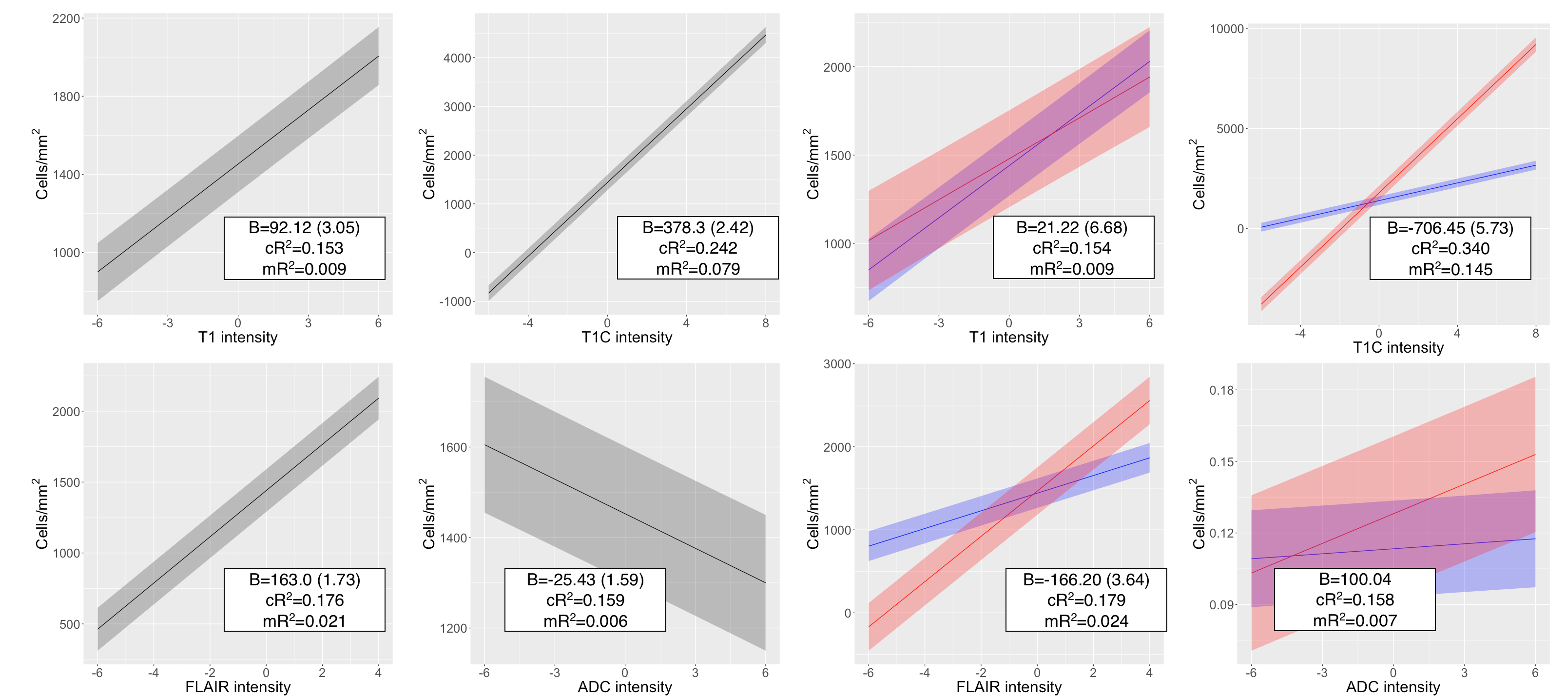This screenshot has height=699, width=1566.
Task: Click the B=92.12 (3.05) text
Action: (304, 227)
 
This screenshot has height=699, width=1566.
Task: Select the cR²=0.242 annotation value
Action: (698, 248)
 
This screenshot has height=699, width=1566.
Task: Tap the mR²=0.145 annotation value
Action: (1450, 269)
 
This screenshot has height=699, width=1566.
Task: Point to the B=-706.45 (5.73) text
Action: (1450, 228)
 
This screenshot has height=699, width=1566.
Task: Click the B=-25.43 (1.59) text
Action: (585, 580)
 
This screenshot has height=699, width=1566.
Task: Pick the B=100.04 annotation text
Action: (1354, 579)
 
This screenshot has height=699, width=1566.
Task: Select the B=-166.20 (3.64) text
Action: (1086, 580)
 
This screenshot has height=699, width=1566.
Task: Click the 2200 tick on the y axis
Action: (66, 19)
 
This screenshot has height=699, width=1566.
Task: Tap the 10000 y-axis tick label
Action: (1226, 29)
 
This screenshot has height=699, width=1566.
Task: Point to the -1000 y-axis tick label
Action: (455, 302)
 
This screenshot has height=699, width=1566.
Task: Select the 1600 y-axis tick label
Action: (453, 448)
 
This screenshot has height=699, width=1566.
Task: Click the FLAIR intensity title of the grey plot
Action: (238, 687)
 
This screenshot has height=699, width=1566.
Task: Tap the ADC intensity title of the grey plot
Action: (624, 687)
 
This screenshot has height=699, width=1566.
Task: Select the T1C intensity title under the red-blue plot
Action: (1398, 347)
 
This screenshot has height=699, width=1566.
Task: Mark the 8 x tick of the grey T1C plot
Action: (765, 323)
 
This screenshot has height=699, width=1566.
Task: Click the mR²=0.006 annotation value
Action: (585, 621)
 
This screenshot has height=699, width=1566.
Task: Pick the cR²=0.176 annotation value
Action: (304, 600)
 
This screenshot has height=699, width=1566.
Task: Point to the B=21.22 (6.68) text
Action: (1072, 227)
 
